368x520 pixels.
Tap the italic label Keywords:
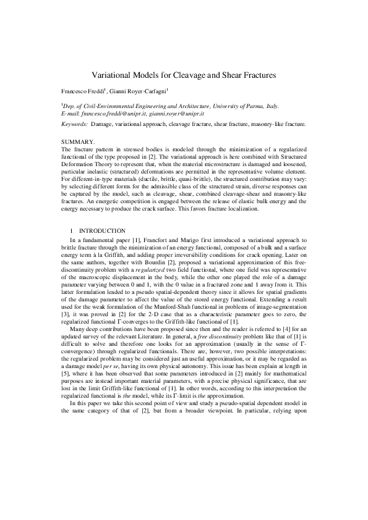(x=74, y=124)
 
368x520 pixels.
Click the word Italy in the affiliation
(x=270, y=106)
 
